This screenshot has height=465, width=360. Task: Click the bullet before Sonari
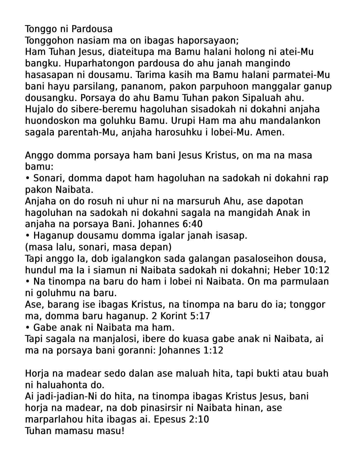point(28,178)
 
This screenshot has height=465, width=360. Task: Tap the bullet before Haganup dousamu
point(28,236)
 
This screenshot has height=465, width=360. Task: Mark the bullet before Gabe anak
point(28,328)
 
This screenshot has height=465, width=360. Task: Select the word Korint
point(173,316)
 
